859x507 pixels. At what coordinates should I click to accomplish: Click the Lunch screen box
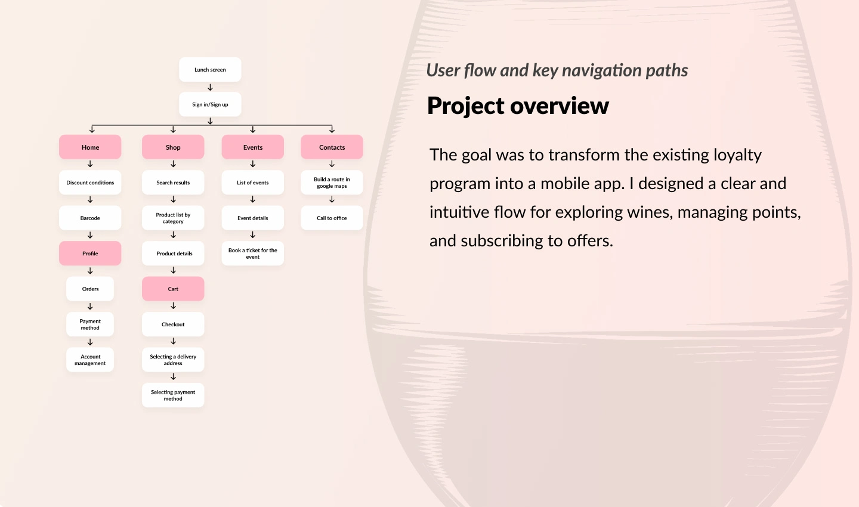(x=210, y=70)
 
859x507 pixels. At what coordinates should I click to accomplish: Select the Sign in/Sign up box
(x=210, y=104)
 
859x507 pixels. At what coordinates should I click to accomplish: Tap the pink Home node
(x=90, y=147)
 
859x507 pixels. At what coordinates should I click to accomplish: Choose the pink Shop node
(x=173, y=147)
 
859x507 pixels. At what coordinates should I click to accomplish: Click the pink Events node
(x=253, y=147)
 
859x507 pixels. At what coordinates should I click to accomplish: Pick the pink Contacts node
(x=332, y=147)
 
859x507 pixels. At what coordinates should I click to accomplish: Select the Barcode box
(x=90, y=218)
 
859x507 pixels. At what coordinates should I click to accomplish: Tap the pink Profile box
(x=90, y=253)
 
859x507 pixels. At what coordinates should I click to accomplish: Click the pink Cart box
(x=173, y=289)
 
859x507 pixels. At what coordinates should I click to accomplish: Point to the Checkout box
(x=173, y=324)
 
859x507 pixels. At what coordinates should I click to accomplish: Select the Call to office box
(x=332, y=218)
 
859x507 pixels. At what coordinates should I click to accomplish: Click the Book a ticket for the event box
(x=253, y=253)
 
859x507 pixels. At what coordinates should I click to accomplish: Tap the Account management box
(x=90, y=360)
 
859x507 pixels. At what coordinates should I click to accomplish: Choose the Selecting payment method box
(x=173, y=395)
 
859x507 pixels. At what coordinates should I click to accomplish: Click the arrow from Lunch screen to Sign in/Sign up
(x=210, y=87)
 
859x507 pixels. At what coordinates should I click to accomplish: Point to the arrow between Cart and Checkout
(x=173, y=306)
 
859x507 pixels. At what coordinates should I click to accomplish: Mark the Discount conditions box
(x=90, y=183)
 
